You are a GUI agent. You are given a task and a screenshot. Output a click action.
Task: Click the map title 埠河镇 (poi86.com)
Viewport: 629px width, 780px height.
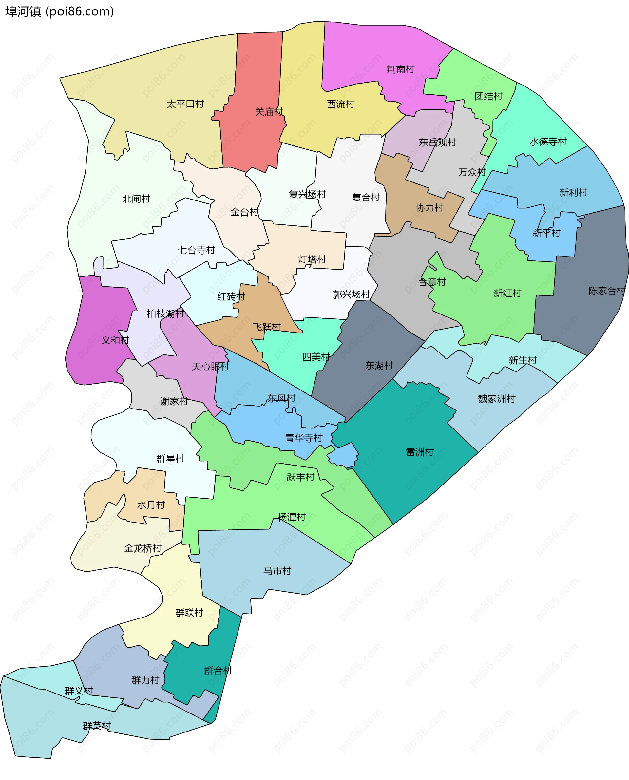pos(59,11)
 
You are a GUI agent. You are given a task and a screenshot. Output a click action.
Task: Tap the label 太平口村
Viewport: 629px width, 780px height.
pos(185,104)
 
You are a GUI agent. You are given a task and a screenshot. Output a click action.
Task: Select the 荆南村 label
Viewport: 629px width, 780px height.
pos(400,69)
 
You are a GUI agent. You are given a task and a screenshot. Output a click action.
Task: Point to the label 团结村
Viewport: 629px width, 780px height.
pos(488,96)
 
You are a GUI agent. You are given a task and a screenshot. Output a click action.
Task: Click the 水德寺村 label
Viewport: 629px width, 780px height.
pos(548,142)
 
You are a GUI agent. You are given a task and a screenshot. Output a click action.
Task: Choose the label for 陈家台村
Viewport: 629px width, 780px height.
pos(606,291)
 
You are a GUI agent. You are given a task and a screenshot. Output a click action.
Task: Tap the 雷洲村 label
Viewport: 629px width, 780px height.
pos(420,452)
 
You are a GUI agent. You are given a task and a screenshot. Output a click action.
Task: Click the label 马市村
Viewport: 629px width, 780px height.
pos(277,571)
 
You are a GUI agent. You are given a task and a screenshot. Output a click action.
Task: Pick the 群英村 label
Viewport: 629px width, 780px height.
pos(97,726)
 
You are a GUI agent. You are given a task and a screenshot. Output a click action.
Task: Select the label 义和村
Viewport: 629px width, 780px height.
pos(115,340)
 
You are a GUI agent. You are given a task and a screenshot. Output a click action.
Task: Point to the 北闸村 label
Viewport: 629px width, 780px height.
pos(136,199)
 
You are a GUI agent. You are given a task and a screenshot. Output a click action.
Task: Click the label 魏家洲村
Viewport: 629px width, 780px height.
pos(496,399)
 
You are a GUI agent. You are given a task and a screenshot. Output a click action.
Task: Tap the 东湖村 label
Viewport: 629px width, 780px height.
pos(379,366)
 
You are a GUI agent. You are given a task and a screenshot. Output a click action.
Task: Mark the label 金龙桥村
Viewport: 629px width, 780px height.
pos(143,548)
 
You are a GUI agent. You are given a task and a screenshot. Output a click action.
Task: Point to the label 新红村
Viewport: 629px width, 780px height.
pos(507,293)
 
